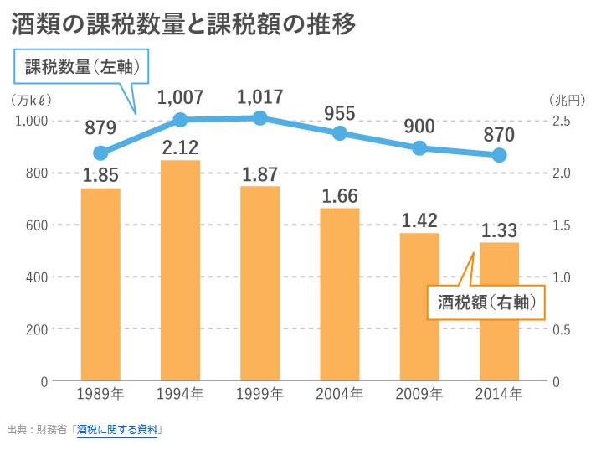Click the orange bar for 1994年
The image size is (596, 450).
pyautogui.click(x=180, y=270)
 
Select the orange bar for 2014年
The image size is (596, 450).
pyautogui.click(x=499, y=312)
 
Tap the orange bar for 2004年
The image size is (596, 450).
pyautogui.click(x=339, y=294)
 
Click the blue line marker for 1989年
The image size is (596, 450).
pyautogui.click(x=100, y=153)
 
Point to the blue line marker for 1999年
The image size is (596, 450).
pyautogui.click(x=260, y=118)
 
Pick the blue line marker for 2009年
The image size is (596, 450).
pyautogui.click(x=419, y=148)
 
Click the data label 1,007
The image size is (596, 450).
pyautogui.click(x=180, y=98)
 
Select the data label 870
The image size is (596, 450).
pyautogui.click(x=499, y=134)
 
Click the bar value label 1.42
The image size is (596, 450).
pyautogui.click(x=419, y=221)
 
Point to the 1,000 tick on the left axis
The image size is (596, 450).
pyautogui.click(x=32, y=122)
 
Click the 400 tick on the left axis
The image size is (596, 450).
pyautogui.click(x=37, y=277)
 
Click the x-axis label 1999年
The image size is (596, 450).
pyautogui.click(x=259, y=394)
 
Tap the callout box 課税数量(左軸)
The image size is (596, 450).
pyautogui.click(x=80, y=67)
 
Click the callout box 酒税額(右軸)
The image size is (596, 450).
pyautogui.click(x=486, y=302)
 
